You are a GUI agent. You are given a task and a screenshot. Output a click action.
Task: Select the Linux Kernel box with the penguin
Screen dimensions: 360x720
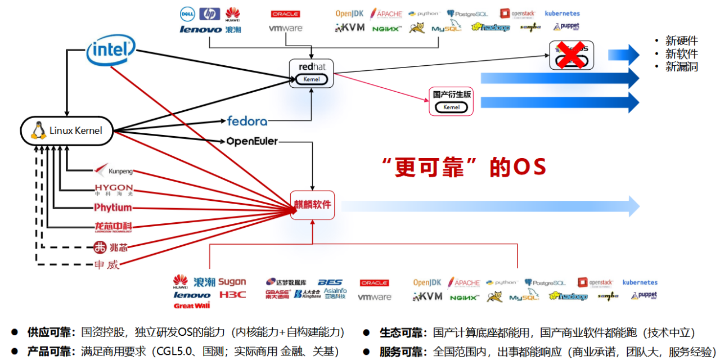click(x=67, y=130)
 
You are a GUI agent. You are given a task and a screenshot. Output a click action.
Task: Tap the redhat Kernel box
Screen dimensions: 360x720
click(x=311, y=73)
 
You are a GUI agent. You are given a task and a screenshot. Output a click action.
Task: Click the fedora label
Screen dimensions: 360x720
click(x=247, y=120)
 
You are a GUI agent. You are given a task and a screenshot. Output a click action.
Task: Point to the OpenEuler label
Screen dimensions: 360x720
click(x=252, y=141)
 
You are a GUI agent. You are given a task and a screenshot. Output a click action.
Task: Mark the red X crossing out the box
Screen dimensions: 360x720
click(x=569, y=54)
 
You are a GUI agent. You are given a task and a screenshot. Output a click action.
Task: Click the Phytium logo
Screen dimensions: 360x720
click(x=113, y=208)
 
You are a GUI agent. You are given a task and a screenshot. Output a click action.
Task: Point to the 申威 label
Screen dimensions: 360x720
click(x=107, y=264)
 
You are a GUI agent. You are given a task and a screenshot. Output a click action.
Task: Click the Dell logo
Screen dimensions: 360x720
click(x=187, y=14)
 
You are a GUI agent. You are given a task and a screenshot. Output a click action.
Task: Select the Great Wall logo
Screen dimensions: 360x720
click(x=191, y=306)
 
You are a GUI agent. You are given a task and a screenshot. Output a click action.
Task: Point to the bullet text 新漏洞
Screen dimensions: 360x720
click(x=682, y=66)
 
